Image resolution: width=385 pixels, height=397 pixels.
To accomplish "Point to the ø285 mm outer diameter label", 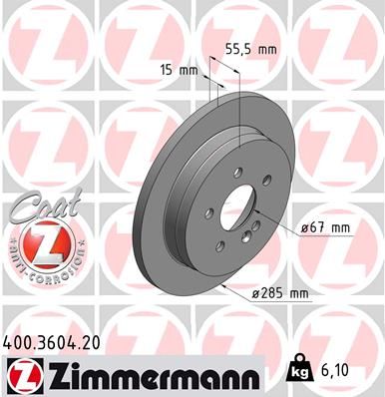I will click(281, 292).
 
